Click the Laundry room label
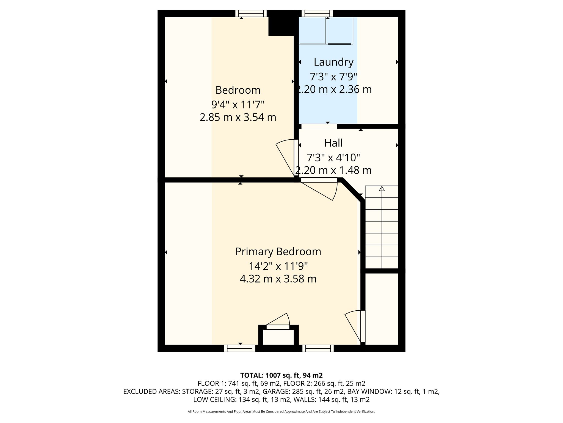point(333,63)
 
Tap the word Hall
point(333,143)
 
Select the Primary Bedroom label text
point(278,252)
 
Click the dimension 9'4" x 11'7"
point(238,104)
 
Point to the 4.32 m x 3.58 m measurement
point(278,279)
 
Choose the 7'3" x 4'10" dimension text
point(333,158)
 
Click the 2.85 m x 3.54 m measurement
point(238,117)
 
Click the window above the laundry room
point(317,13)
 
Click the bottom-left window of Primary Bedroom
point(240,348)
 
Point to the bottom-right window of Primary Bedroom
point(318,348)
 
